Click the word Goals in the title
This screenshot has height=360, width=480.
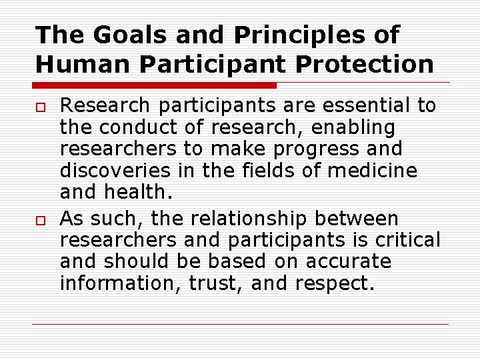[119, 35]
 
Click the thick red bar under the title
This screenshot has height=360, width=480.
[155, 85]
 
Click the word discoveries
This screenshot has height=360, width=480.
[117, 171]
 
